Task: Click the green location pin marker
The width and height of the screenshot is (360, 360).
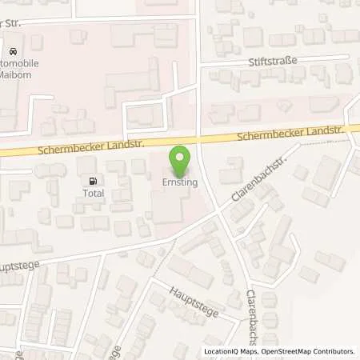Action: click(x=180, y=159)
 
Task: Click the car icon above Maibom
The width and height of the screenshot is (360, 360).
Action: click(x=14, y=47)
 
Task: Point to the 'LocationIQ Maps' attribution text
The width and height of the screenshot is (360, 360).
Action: click(x=229, y=351)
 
